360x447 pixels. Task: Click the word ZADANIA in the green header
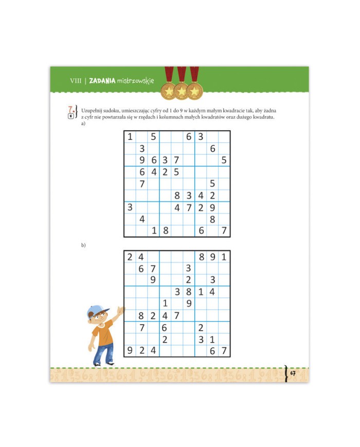pyautogui.click(x=102, y=81)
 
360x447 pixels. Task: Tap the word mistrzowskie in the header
pyautogui.click(x=135, y=81)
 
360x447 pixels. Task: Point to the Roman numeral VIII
pyautogui.click(x=76, y=81)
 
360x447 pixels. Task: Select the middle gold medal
pyautogui.click(x=182, y=91)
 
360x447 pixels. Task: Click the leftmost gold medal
pyautogui.click(x=169, y=91)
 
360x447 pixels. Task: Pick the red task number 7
pyautogui.click(x=70, y=110)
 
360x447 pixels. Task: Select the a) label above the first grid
pyautogui.click(x=83, y=123)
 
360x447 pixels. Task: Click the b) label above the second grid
pyautogui.click(x=83, y=245)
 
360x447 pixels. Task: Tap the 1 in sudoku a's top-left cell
pyautogui.click(x=130, y=137)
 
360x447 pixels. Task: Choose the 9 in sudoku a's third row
pyautogui.click(x=142, y=160)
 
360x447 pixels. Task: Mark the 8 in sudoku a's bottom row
pyautogui.click(x=166, y=230)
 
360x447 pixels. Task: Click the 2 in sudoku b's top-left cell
pyautogui.click(x=130, y=257)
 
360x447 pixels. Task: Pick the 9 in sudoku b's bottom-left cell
pyautogui.click(x=130, y=350)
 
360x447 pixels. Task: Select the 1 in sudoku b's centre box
pyautogui.click(x=165, y=303)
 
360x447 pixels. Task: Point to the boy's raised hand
pyautogui.click(x=121, y=311)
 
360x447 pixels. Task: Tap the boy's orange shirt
pyautogui.click(x=102, y=332)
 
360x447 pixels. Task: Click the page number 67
pyautogui.click(x=293, y=373)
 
